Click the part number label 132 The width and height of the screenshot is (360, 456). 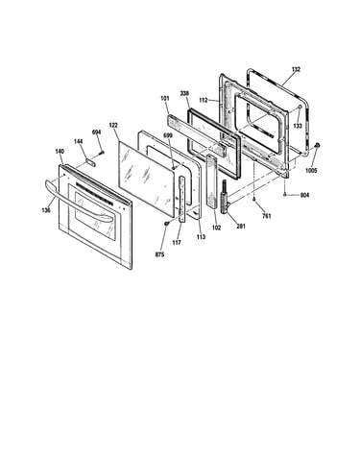click(x=296, y=69)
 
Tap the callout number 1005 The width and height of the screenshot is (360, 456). click(x=311, y=171)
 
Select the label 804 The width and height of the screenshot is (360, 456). click(x=305, y=195)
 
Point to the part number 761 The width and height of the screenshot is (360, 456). click(x=267, y=216)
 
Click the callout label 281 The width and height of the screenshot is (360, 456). click(x=241, y=227)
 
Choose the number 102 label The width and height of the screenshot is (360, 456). click(x=217, y=228)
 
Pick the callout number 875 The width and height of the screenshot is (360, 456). click(x=159, y=254)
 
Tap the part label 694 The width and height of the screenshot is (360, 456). click(x=96, y=132)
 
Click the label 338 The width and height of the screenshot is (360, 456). click(x=184, y=93)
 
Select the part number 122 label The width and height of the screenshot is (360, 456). click(x=113, y=125)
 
